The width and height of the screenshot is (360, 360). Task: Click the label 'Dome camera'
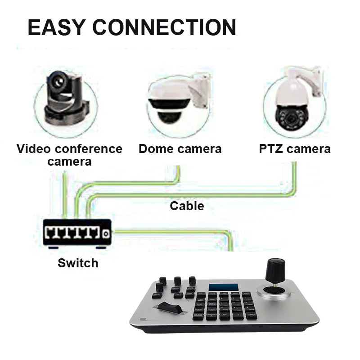coord(180,149)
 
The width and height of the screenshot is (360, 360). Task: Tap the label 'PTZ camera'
coord(295,149)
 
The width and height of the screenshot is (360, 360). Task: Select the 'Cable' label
coord(187,206)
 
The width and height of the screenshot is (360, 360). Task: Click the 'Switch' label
coord(78,263)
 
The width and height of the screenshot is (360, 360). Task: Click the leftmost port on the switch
coord(51,233)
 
